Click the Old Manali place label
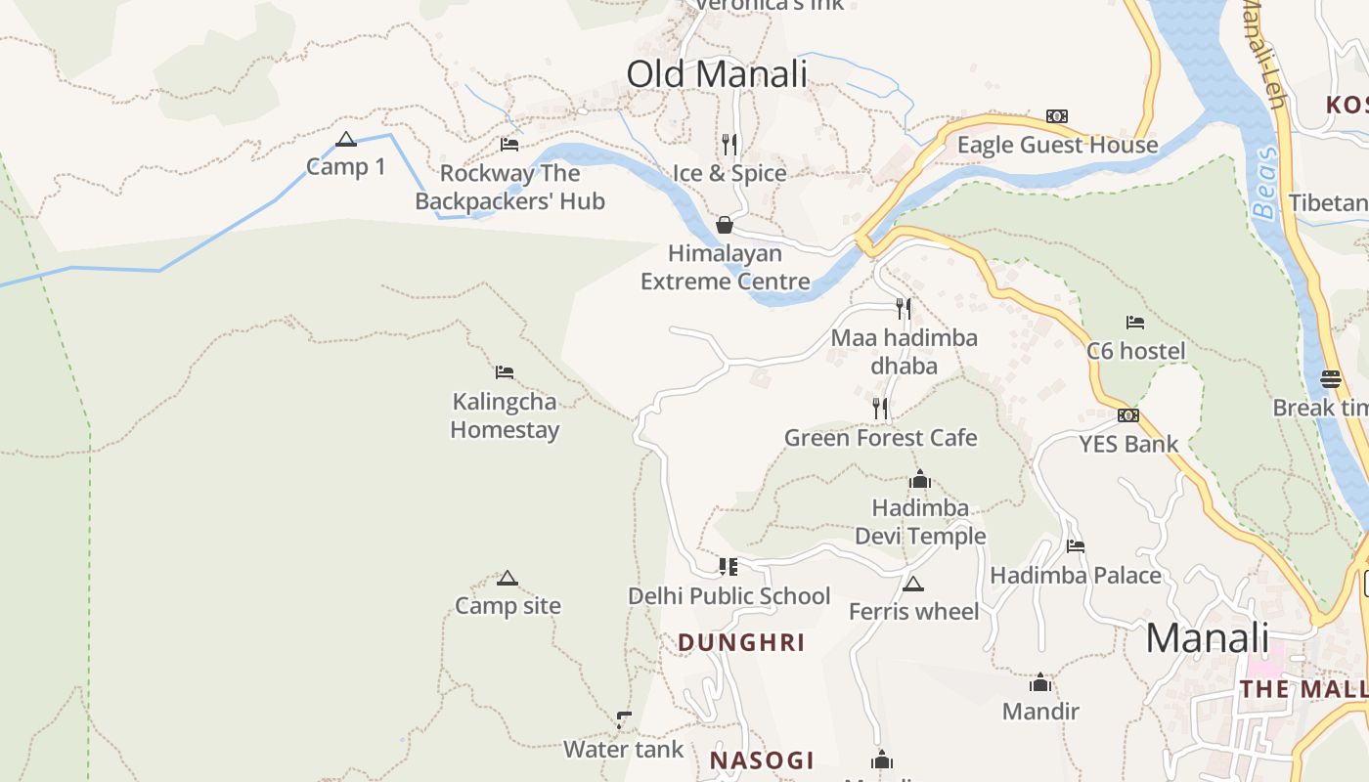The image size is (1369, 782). [717, 74]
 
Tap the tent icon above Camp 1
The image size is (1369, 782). [345, 140]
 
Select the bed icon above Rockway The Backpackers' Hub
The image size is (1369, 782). [509, 145]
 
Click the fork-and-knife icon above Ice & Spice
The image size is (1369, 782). [729, 145]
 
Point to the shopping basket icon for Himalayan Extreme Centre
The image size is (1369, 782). [725, 225]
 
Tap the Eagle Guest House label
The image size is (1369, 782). [1057, 146]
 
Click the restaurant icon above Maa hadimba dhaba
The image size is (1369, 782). [904, 309]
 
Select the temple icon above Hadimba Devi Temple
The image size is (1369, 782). [920, 480]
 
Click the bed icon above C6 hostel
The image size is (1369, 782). [1135, 322]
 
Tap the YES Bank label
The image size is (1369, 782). [1128, 444]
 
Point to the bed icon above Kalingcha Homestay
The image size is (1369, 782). [505, 372]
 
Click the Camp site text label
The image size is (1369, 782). [508, 606]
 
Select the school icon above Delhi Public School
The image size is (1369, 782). [729, 567]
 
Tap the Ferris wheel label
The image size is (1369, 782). [913, 612]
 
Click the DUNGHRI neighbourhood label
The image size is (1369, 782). [741, 642]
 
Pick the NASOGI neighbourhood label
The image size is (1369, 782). [762, 760]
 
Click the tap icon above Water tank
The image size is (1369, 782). [624, 721]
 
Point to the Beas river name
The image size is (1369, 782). [1264, 183]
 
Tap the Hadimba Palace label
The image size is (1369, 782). [1076, 575]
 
